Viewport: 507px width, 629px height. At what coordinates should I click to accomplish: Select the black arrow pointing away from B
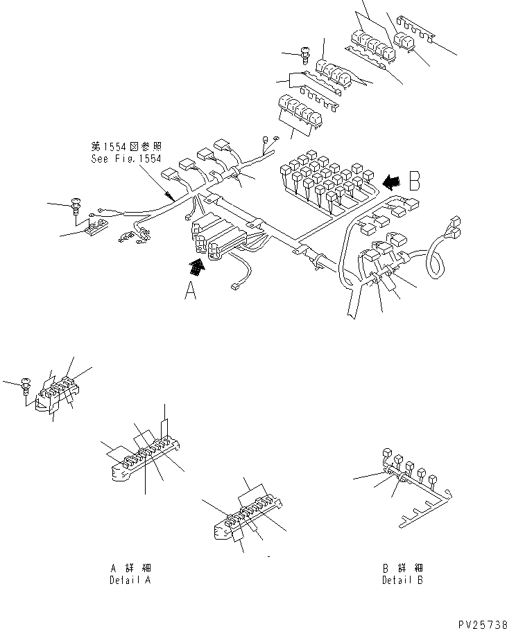pos(390,181)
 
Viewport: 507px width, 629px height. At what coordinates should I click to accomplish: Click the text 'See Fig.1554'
pos(126,158)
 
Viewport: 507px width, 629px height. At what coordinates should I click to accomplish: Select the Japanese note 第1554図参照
pos(126,147)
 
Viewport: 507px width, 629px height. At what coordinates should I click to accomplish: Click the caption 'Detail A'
pos(130,580)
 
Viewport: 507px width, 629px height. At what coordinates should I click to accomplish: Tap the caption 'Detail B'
pos(402,580)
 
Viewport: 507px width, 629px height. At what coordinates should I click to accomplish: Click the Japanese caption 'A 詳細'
pos(130,568)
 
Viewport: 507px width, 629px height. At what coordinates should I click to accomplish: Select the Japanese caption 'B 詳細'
pos(402,568)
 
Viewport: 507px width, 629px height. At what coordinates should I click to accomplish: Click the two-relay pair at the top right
pos(404,40)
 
